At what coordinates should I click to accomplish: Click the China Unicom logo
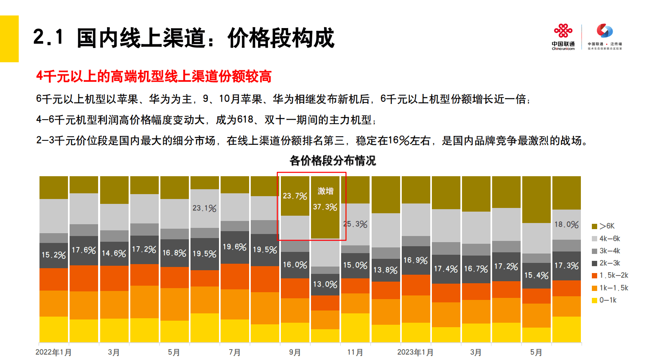click(x=563, y=37)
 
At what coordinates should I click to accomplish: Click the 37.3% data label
click(x=325, y=207)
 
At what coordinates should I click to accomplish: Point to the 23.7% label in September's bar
click(x=295, y=196)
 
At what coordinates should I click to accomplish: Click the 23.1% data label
click(x=204, y=208)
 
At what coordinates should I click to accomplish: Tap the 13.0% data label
click(x=325, y=284)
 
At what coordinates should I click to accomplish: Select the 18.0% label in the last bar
click(x=566, y=225)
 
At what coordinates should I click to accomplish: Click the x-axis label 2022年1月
click(x=53, y=352)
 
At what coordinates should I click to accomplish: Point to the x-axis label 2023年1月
click(x=415, y=352)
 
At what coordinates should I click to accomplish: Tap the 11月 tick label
click(x=355, y=352)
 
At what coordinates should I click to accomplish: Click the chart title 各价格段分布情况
click(x=333, y=161)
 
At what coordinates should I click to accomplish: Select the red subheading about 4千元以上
click(x=154, y=77)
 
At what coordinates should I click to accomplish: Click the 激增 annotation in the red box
click(x=325, y=191)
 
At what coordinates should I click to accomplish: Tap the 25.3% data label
click(x=355, y=224)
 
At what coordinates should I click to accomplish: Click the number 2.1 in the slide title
click(x=48, y=37)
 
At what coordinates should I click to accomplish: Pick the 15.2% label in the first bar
click(x=53, y=255)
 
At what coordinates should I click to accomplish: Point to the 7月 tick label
click(x=234, y=352)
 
